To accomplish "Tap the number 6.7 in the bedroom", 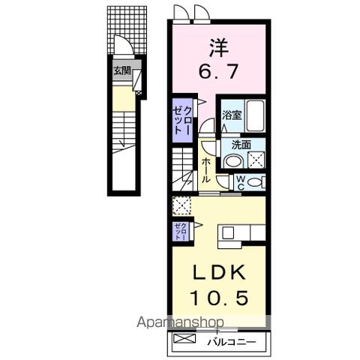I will [x=217, y=73].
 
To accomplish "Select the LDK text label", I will [x=217, y=272].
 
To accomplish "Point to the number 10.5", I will [x=217, y=298].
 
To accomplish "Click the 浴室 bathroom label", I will [x=231, y=115].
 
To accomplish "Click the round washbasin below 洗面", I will [x=234, y=161].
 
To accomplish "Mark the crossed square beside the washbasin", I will [x=256, y=160].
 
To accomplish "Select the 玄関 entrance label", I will [x=121, y=71].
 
